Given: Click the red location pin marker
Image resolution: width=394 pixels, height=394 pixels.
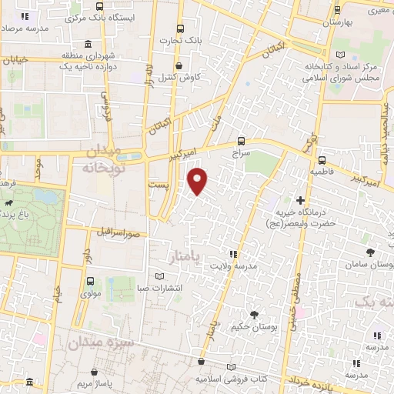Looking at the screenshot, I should click(198, 180).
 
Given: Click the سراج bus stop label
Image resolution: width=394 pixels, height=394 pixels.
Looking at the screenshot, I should click(242, 154).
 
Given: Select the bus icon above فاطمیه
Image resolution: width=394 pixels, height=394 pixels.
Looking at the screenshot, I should click(321, 161).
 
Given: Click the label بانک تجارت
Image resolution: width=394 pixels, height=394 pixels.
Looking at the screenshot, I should click(180, 40).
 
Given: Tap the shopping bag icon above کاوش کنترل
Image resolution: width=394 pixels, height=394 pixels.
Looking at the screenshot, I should click(179, 65).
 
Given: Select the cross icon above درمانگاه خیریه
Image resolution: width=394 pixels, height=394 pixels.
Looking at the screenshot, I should click(300, 202).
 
